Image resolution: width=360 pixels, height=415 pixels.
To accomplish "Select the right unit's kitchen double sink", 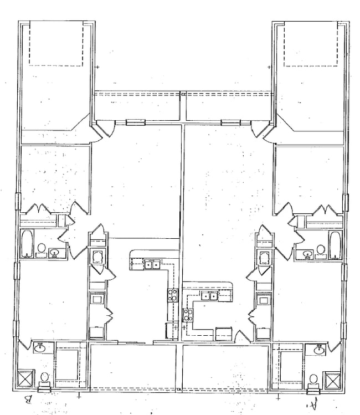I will (x=209, y=296).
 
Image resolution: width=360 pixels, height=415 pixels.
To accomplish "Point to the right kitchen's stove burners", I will (x=188, y=315).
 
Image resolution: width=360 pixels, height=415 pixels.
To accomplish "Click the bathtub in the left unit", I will (x=27, y=244).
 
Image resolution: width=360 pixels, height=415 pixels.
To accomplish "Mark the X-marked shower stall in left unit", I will (x=26, y=379).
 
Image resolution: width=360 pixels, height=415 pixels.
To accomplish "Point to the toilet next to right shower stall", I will (x=313, y=380).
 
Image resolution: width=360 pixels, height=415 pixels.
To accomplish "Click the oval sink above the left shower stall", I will (x=40, y=349).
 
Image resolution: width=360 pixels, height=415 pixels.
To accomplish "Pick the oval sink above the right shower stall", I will (x=319, y=350).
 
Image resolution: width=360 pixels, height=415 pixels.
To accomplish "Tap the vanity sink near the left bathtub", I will (x=55, y=253).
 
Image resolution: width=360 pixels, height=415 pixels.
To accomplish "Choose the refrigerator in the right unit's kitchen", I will (x=223, y=333).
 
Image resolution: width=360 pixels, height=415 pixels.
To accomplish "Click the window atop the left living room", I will (x=135, y=122).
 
